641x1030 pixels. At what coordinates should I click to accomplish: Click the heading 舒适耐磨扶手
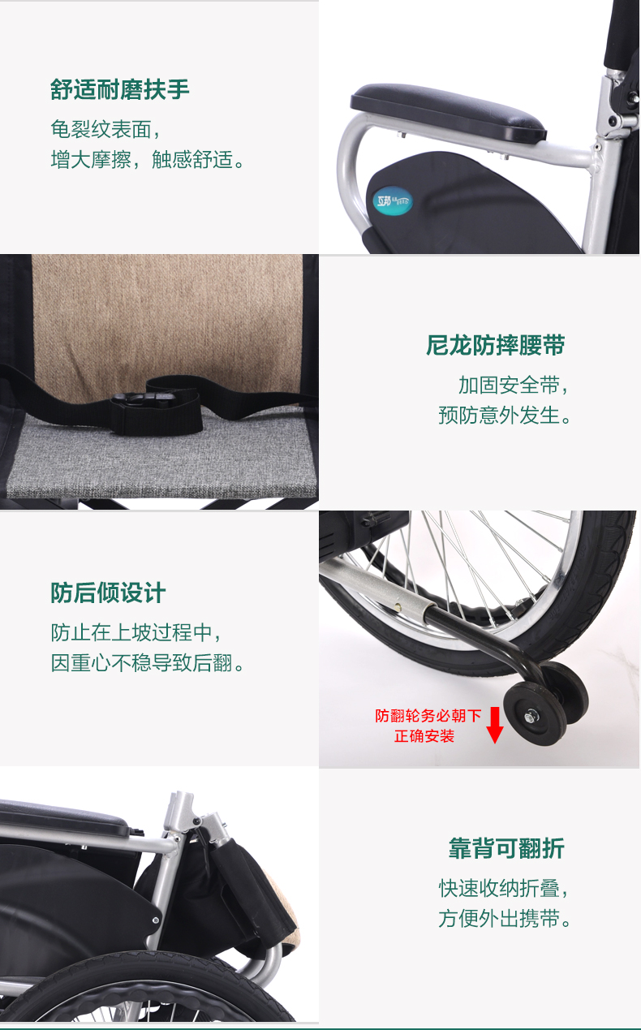click(119, 89)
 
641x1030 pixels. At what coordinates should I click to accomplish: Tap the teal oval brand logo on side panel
click(392, 201)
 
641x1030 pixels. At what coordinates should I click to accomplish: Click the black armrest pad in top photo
click(449, 112)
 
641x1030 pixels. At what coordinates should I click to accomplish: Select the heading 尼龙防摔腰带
click(495, 345)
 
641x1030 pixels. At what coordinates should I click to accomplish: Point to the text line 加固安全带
click(513, 386)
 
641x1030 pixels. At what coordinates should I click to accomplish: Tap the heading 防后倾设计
click(108, 593)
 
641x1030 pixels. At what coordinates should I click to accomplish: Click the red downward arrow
click(495, 725)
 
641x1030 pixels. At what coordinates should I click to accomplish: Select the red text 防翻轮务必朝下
click(428, 716)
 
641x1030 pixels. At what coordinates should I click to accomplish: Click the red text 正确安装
click(424, 736)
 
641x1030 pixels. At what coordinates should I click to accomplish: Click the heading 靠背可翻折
click(506, 848)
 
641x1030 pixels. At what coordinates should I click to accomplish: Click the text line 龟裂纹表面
click(105, 129)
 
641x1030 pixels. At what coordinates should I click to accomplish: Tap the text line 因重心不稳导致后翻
click(147, 663)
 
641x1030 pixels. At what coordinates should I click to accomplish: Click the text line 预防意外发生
click(505, 416)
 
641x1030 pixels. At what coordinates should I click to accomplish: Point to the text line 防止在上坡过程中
click(136, 633)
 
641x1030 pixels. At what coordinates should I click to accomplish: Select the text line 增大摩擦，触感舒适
click(147, 160)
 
